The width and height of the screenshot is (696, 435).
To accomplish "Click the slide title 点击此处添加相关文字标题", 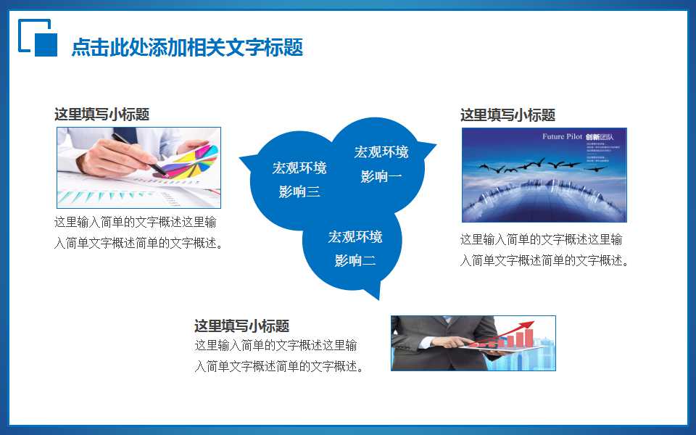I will coord(187,48).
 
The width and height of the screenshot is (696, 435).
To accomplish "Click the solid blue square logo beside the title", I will coord(46,44).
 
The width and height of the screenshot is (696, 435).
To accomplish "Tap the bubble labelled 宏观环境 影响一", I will coord(381,164).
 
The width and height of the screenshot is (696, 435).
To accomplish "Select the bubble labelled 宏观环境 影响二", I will coord(355,249).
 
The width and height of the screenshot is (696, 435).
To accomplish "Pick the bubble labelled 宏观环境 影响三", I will coord(299,180).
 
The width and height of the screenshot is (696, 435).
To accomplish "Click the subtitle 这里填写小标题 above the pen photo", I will coord(101,115).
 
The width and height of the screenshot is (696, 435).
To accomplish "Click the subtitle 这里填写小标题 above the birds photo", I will coord(507,115).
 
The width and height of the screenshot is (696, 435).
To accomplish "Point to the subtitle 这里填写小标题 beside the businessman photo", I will coord(241,326).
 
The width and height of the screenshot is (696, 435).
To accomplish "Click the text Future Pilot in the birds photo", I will coord(562,137).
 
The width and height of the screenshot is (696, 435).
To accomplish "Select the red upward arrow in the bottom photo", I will coord(516,331).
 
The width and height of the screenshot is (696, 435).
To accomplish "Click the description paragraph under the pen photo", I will coord(138,233).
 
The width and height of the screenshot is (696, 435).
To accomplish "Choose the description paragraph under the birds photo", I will coord(544,250).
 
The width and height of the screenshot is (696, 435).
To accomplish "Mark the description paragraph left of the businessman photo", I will coord(279,356).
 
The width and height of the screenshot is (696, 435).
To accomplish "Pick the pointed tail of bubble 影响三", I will coord(244,157).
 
